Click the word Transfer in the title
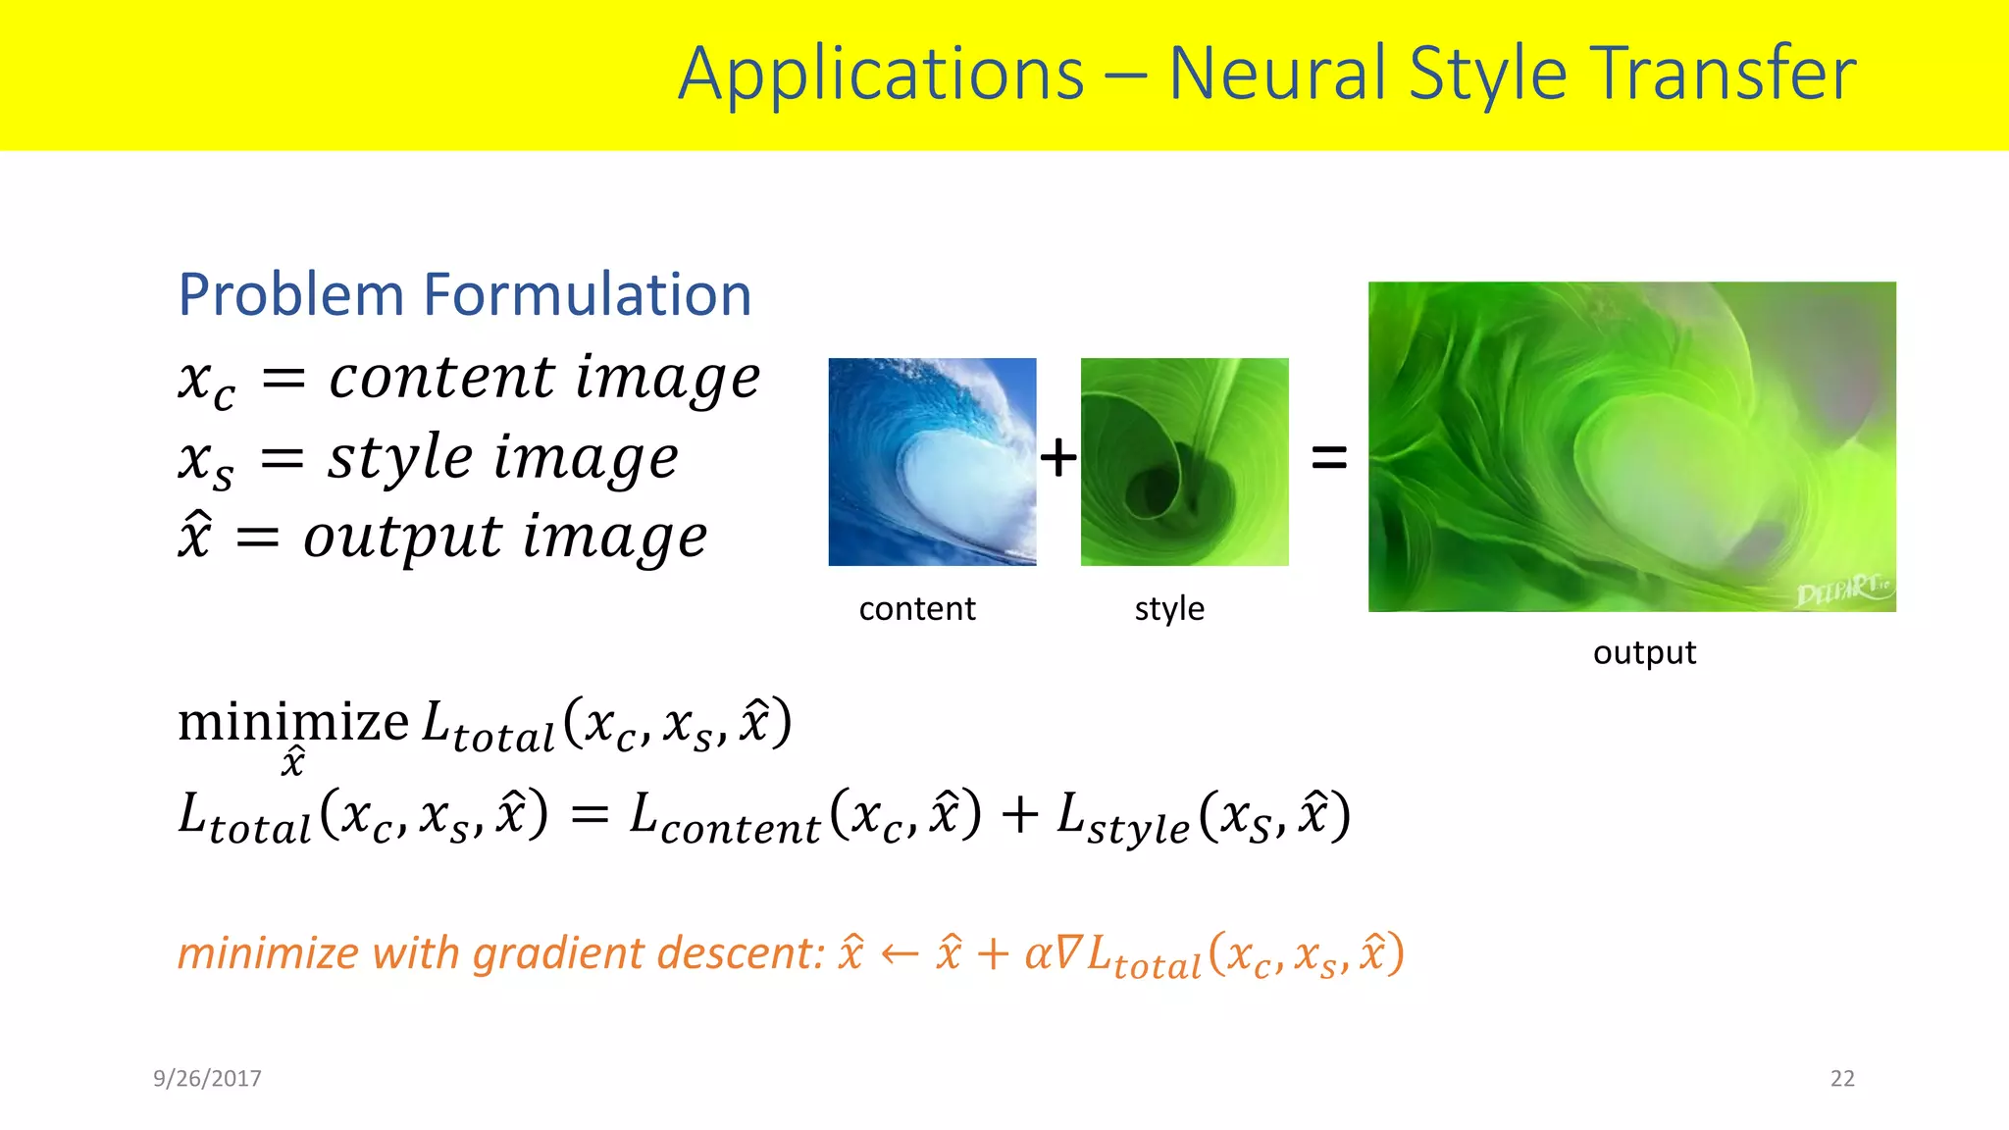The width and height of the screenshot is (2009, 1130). tap(1723, 74)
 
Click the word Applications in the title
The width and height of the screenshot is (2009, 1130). tap(881, 76)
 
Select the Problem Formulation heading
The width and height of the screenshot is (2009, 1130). tap(464, 294)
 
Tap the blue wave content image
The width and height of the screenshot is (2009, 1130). tap(932, 461)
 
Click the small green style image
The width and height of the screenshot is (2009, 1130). tap(1184, 461)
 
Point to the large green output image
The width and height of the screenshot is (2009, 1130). tap(1631, 446)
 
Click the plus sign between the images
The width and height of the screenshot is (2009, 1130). tap(1058, 458)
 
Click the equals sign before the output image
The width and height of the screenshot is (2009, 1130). tap(1329, 457)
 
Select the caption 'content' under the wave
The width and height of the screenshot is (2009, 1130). tap(917, 609)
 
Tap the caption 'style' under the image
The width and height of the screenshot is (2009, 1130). tap(1169, 609)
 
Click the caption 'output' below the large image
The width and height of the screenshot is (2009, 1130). tap(1644, 653)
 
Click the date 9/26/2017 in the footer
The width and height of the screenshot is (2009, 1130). tap(207, 1078)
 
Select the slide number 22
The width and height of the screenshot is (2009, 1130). tap(1842, 1078)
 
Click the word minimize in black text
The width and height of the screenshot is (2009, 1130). tap(293, 724)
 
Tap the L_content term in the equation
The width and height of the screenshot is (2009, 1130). tap(724, 817)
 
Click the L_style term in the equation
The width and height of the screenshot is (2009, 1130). tap(1123, 817)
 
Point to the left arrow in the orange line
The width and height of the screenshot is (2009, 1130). tap(900, 954)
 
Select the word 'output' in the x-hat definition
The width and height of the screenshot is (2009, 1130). tap(402, 538)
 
